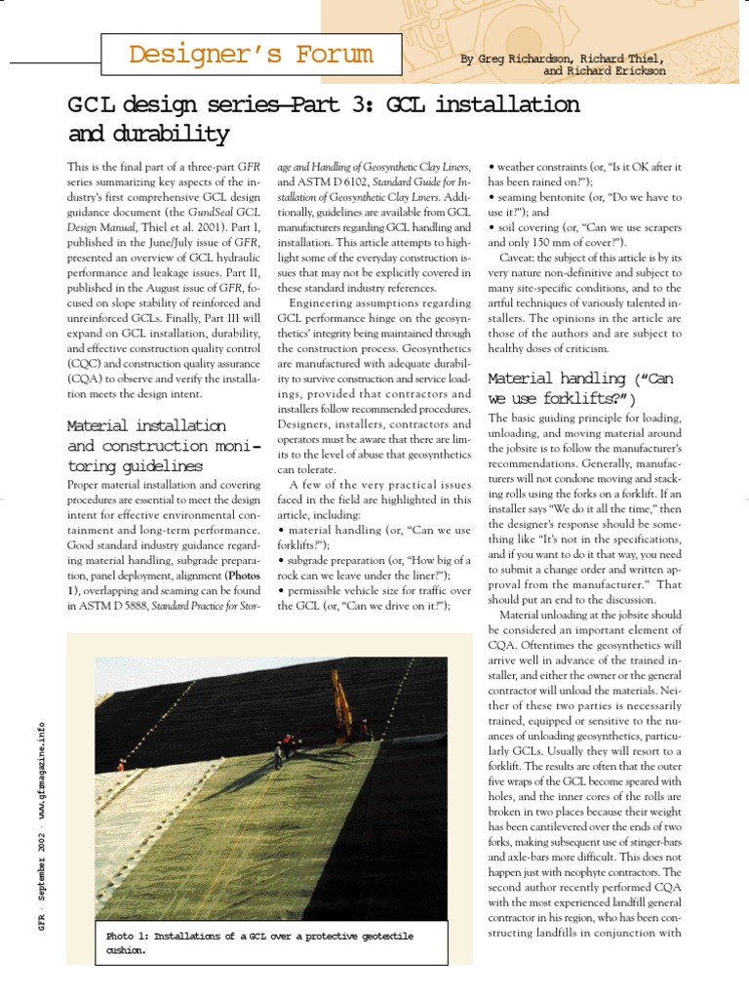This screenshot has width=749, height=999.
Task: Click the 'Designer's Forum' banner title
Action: (x=250, y=55)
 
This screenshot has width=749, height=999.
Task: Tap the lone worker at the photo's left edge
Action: (x=120, y=767)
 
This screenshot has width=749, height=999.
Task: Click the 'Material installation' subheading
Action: (x=146, y=425)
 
